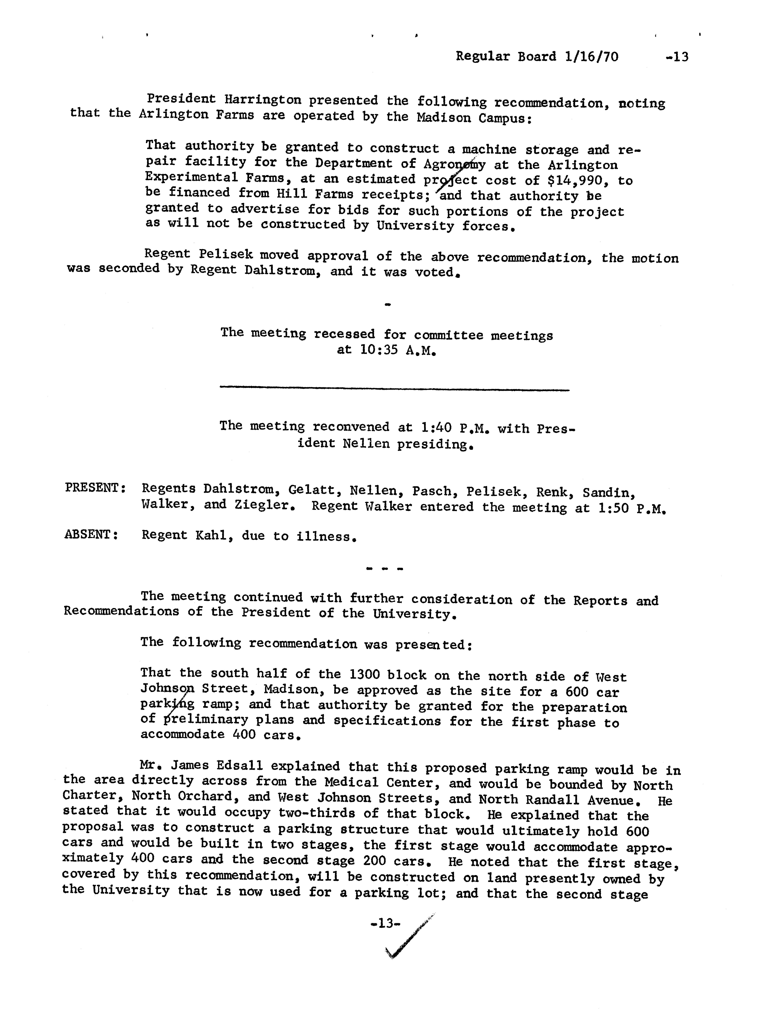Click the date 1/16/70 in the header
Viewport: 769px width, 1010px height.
591,57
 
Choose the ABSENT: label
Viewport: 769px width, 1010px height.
91,535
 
